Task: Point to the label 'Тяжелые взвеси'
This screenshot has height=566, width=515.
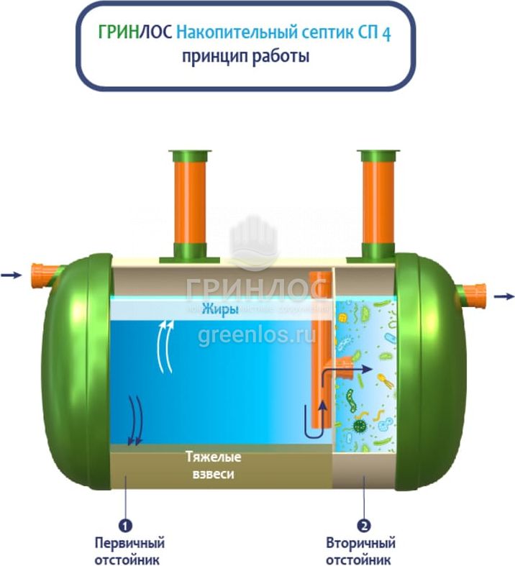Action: pyautogui.click(x=213, y=465)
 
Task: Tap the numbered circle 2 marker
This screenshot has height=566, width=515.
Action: pyautogui.click(x=365, y=526)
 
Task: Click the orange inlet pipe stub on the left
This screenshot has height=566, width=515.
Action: pyautogui.click(x=45, y=274)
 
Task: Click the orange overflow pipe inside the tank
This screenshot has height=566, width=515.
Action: pyautogui.click(x=318, y=345)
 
